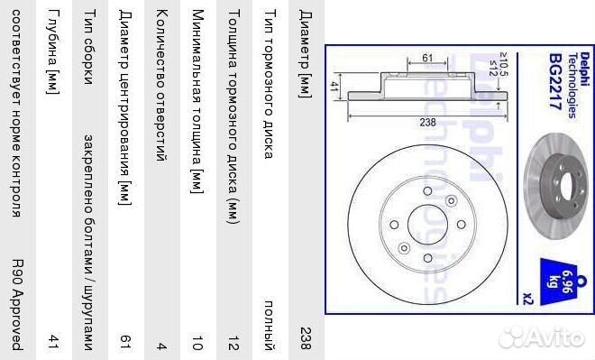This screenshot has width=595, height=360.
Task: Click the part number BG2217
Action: (x=555, y=81)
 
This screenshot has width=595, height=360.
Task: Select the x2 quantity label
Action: (x=528, y=299)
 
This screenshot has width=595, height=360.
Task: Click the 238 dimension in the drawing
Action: (x=427, y=122)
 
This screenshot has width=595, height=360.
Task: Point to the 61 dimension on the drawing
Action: (x=427, y=58)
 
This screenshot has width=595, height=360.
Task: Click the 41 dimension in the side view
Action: (x=334, y=87)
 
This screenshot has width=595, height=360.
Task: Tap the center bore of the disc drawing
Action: (x=427, y=225)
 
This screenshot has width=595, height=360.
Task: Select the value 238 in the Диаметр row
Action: (x=306, y=338)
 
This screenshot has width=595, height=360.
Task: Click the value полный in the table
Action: (x=270, y=326)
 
